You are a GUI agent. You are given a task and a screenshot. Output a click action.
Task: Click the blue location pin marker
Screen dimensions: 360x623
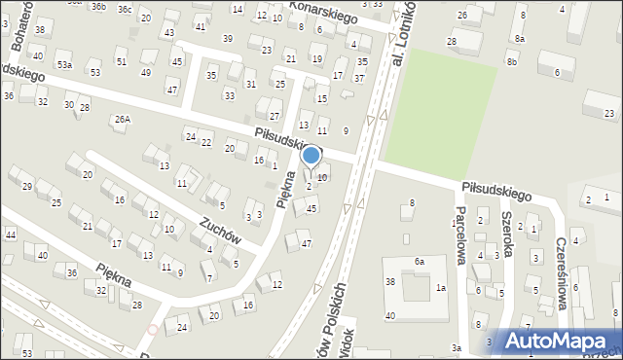pyautogui.click(x=311, y=156)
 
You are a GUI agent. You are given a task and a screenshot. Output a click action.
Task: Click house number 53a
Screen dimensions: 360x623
pyautogui.click(x=63, y=64)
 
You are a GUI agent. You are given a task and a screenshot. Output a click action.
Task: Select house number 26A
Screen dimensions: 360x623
pyautogui.click(x=122, y=120)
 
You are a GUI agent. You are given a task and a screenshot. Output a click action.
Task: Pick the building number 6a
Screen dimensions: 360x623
pyautogui.click(x=420, y=262)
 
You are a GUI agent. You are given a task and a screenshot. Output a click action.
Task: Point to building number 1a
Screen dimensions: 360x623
pyautogui.click(x=441, y=288)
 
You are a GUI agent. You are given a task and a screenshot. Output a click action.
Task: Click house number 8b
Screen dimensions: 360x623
pyautogui.click(x=512, y=62)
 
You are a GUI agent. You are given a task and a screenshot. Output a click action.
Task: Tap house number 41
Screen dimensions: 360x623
pyautogui.click(x=201, y=26)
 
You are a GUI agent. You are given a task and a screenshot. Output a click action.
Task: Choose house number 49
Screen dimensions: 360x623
pyautogui.click(x=146, y=72)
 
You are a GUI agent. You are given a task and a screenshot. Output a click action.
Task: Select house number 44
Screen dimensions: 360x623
pyautogui.click(x=10, y=235)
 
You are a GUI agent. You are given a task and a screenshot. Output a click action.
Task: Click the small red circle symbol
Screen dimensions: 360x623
pyautogui.click(x=152, y=330)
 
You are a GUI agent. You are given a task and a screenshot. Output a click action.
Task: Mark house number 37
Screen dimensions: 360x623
pyautogui.click(x=360, y=78)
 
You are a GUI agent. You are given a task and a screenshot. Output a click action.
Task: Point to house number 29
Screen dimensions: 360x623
pyautogui.click(x=27, y=186)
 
